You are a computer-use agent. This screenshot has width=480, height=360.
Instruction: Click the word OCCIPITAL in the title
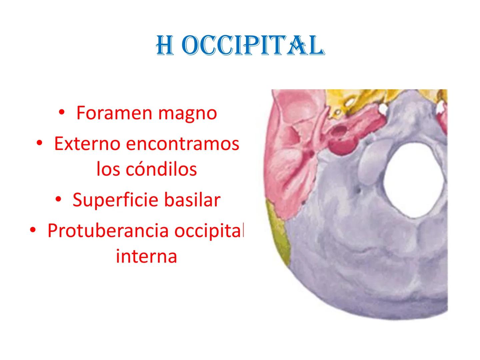pos(253,45)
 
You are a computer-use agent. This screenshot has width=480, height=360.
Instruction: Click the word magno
pos(187,114)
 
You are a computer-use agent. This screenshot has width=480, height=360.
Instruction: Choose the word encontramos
pos(183,144)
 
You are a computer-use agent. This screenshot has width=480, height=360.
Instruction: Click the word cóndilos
pos(161,169)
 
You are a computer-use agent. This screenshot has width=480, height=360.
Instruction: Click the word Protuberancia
pos(108,231)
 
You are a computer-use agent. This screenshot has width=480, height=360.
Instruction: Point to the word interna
pos(146,256)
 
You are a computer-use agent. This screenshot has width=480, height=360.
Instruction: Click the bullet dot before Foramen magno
pos(62,112)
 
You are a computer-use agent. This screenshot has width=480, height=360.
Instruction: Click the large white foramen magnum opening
pos(414,180)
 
